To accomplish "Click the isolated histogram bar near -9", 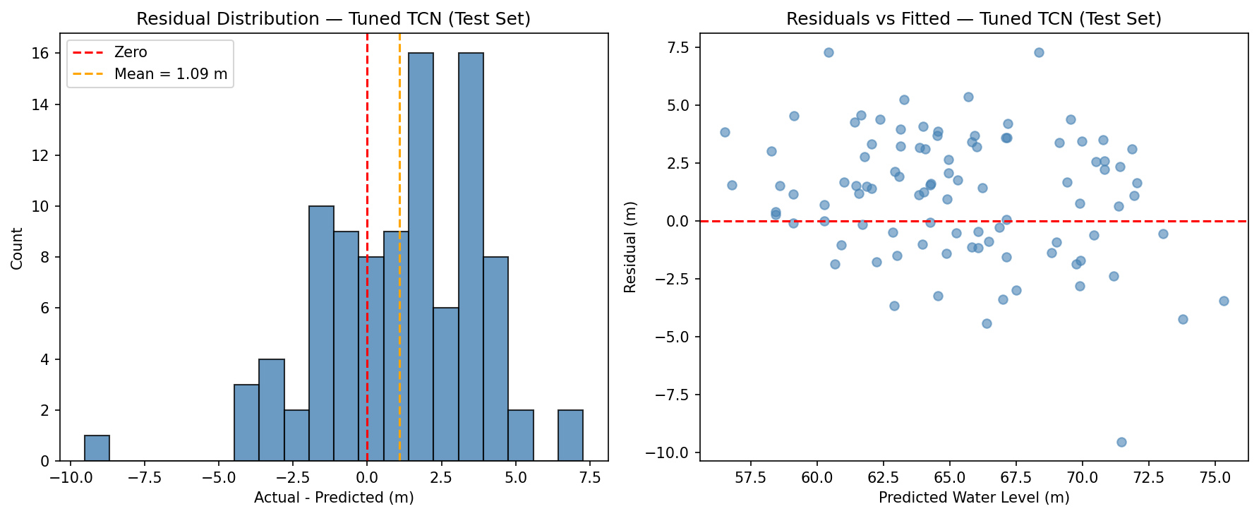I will [97, 448].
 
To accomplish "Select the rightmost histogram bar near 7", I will [570, 436].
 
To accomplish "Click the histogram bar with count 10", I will [321, 333].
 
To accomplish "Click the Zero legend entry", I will [131, 52].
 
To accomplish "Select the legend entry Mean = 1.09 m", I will [171, 74].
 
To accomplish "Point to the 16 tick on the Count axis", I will [42, 54].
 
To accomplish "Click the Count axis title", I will [17, 248].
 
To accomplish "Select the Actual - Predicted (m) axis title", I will [334, 498].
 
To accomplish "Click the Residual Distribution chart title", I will [333, 19].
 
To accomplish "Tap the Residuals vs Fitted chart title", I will [973, 19].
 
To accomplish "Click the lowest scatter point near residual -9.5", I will [1121, 442].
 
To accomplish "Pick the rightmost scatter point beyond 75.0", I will [1224, 301].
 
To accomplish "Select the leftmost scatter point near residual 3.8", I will [725, 132].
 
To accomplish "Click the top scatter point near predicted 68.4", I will [1039, 52].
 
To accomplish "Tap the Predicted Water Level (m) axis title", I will [974, 498].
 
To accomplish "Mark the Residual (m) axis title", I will [631, 248].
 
